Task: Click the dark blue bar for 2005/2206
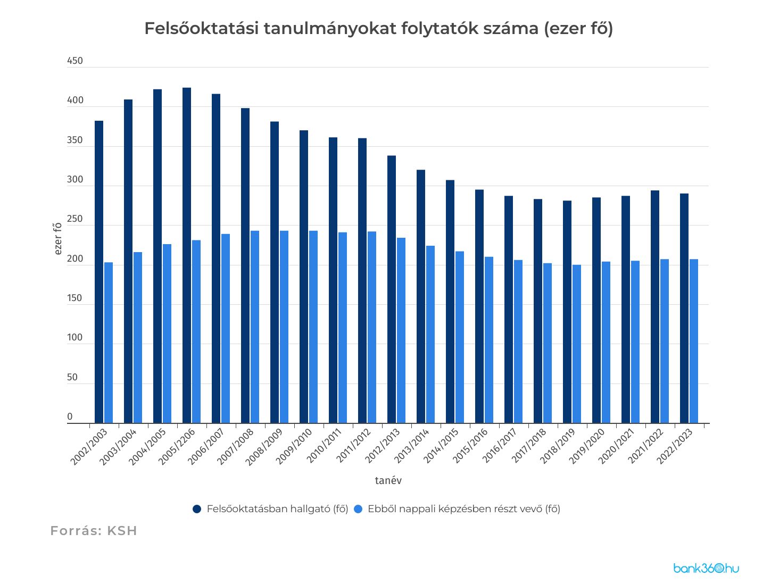(187, 255)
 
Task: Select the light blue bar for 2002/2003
(109, 343)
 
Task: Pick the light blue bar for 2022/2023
(694, 341)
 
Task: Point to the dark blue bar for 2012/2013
(392, 289)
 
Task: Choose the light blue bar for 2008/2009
(284, 327)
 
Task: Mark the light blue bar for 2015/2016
(489, 340)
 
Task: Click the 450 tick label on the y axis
(75, 61)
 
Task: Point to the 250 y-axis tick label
(75, 219)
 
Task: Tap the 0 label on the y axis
(70, 417)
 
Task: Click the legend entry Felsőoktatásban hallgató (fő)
(277, 509)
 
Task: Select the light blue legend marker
(358, 509)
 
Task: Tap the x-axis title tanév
(388, 481)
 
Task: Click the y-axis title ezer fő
(58, 238)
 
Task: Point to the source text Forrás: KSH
(94, 531)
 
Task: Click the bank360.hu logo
(706, 569)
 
